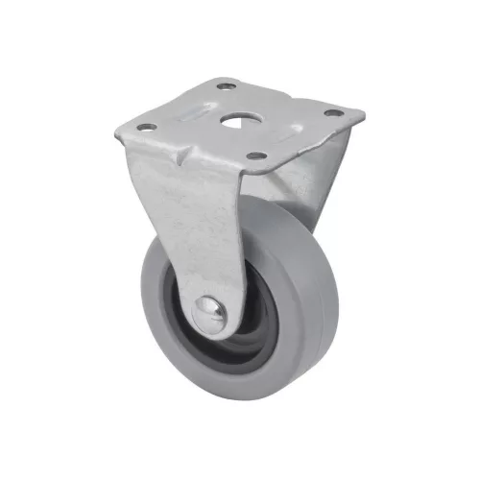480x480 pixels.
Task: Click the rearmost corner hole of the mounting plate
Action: [227, 87]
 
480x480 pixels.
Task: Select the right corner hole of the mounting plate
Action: [332, 113]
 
